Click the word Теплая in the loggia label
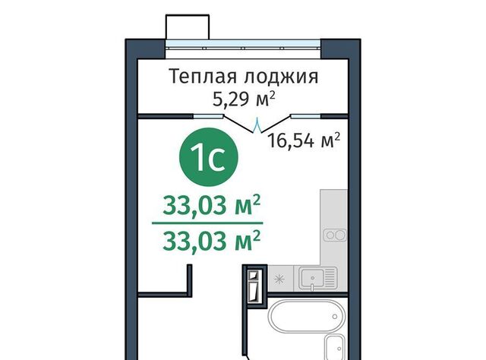click(203, 77)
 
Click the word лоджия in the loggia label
click(281, 77)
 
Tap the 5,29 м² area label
click(244, 99)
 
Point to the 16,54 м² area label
click(304, 141)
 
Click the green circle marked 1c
click(209, 157)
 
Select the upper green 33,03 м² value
click(211, 206)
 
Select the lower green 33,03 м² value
click(211, 241)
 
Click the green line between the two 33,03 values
click(207, 223)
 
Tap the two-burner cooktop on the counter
click(335, 235)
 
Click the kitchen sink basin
click(313, 278)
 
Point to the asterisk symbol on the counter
click(279, 279)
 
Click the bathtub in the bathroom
click(306, 316)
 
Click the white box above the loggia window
click(188, 27)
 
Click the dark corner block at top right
click(340, 49)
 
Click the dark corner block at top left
click(145, 49)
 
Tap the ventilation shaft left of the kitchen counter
click(255, 286)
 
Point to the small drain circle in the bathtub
click(335, 317)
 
